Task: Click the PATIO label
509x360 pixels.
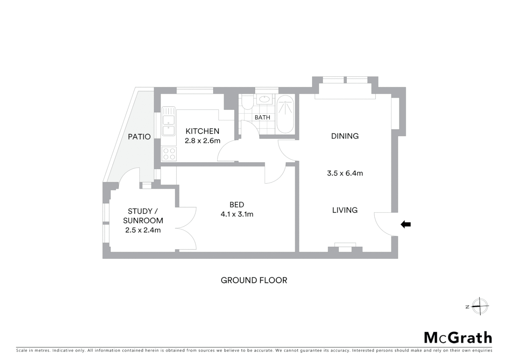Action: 139,137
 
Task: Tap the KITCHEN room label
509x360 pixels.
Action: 202,131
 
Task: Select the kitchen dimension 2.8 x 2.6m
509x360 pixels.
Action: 202,141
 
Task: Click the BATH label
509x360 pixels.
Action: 262,117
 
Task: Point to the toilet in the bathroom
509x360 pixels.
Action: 247,103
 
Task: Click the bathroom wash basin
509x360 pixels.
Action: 264,99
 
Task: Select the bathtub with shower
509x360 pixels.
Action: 285,114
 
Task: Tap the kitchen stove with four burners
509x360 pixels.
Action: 169,154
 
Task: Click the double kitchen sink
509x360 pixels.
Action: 169,121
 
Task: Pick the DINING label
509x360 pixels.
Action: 345,136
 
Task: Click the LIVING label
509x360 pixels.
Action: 345,210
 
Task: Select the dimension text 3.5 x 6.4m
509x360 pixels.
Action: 345,173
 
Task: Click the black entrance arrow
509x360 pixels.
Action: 405,224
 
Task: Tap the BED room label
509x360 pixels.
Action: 237,205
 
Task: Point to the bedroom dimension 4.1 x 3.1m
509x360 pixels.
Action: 237,214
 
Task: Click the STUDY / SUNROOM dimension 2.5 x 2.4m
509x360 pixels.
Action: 143,230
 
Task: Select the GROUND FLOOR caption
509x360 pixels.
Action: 254,280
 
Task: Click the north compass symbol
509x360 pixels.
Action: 479,306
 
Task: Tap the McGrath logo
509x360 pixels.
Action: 458,338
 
